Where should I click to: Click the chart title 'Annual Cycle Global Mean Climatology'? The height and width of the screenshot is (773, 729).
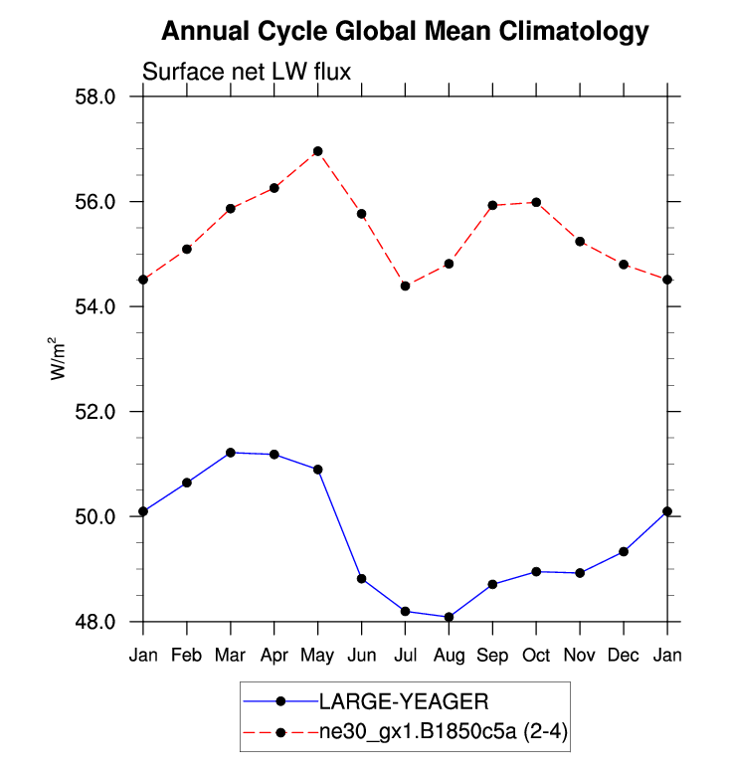tap(405, 31)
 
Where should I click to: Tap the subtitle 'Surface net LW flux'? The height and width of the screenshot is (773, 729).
tap(248, 72)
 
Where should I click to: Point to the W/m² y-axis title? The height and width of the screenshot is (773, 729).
tap(60, 358)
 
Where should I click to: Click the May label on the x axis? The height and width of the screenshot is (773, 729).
tap(318, 655)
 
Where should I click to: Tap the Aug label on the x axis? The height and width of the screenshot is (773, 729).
tap(449, 655)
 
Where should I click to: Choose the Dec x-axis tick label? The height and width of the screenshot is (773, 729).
tap(624, 655)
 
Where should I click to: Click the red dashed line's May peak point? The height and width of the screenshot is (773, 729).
tap(318, 151)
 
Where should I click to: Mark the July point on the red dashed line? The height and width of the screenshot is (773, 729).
tap(406, 286)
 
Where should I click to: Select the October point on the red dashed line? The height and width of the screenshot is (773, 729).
tap(536, 202)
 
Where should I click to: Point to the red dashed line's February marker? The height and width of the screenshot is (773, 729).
tap(187, 249)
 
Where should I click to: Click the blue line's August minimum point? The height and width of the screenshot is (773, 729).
tap(449, 617)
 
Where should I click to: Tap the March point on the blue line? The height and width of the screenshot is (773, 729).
tap(231, 453)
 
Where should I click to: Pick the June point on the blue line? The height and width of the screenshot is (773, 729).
tap(362, 579)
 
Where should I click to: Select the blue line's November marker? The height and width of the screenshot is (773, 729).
tap(580, 573)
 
